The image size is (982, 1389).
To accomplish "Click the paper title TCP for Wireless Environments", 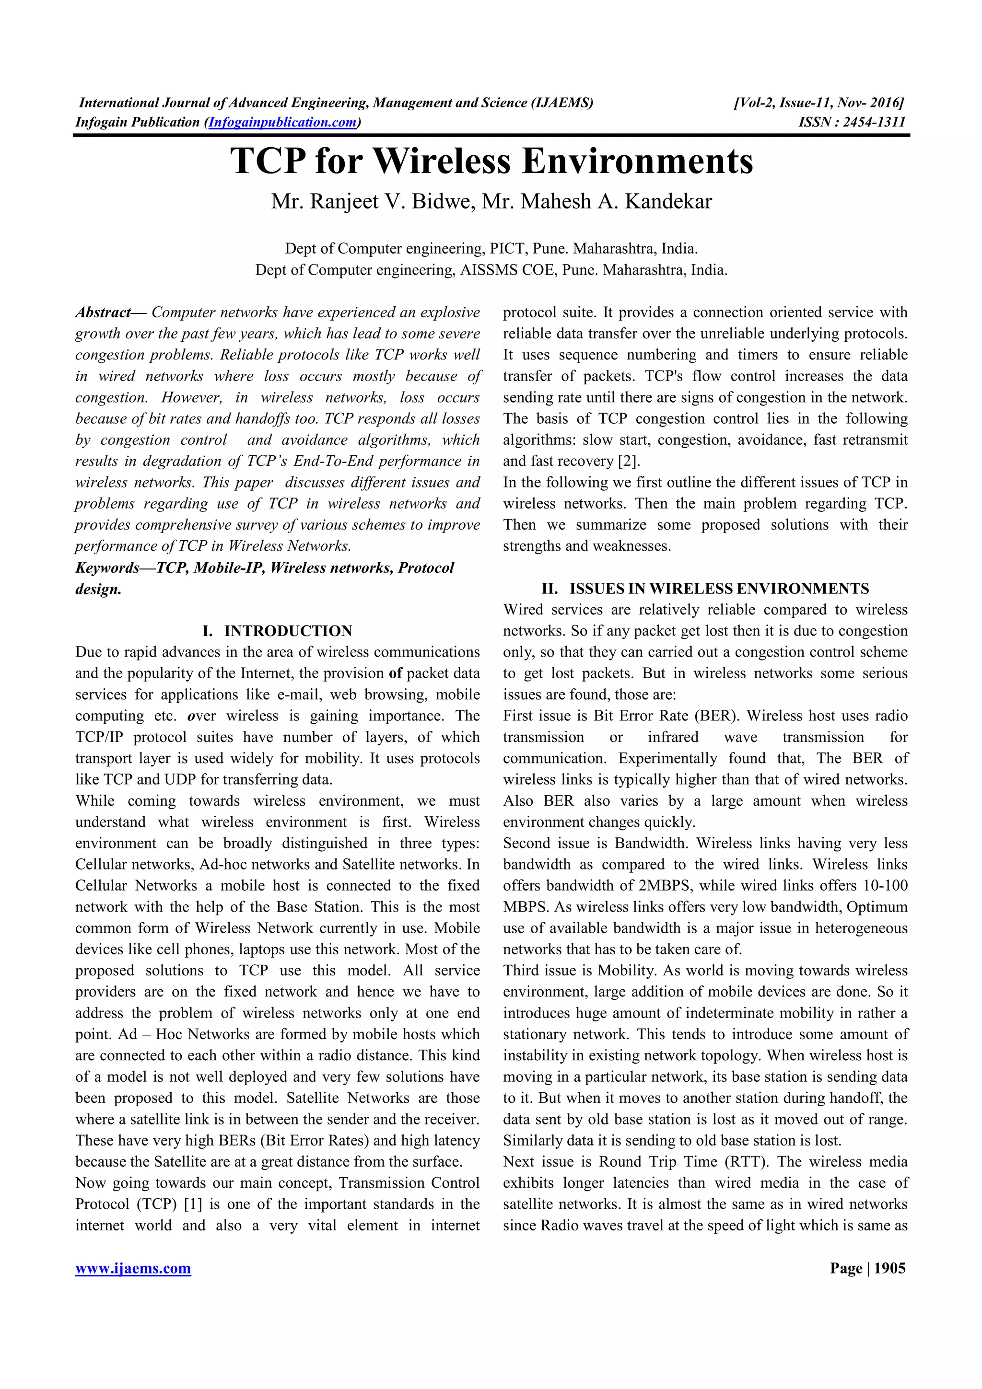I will point(491,162).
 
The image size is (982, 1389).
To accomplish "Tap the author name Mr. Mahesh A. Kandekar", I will point(596,201).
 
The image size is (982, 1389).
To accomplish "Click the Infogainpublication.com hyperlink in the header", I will point(282,122).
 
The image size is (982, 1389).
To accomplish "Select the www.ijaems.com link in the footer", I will point(133,1268).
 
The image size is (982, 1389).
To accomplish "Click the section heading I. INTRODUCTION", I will point(277,631).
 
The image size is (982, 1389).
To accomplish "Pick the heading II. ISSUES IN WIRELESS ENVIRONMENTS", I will point(705,589).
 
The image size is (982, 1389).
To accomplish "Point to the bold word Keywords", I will point(107,568).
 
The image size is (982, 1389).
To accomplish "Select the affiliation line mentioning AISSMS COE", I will point(491,270).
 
